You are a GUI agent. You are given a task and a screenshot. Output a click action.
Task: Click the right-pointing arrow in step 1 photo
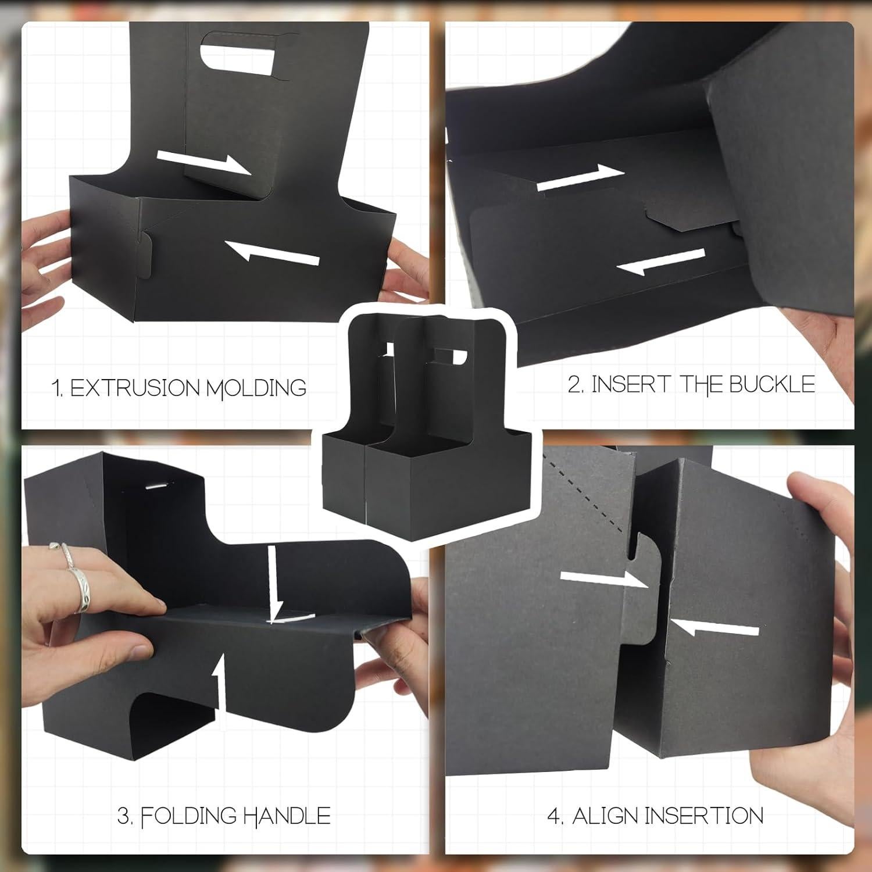[203, 162]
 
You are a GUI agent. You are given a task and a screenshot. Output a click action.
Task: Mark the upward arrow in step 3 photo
[219, 686]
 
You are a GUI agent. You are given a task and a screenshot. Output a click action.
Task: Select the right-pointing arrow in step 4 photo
[605, 578]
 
